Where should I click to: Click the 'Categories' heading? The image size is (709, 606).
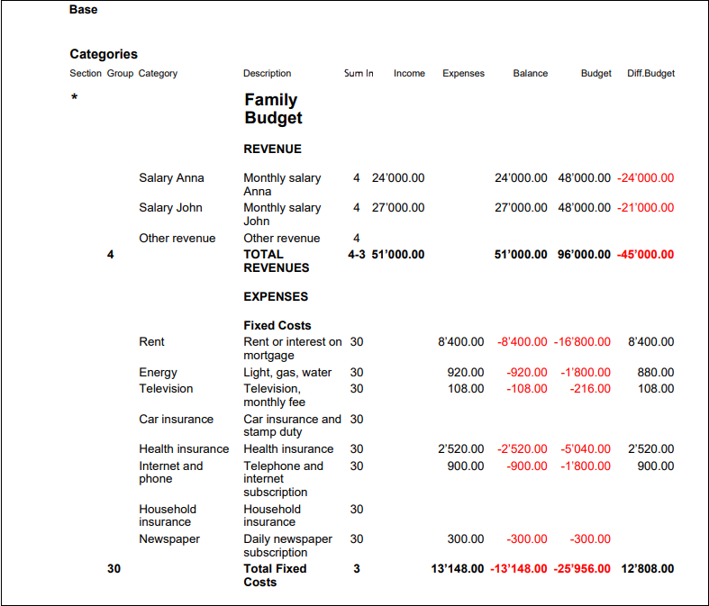tap(104, 54)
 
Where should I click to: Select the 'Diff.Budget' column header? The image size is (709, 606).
tap(650, 74)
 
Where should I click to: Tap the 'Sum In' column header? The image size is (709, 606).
tap(359, 74)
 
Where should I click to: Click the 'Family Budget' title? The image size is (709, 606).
tap(273, 109)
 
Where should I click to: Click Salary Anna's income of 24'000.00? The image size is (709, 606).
tap(398, 178)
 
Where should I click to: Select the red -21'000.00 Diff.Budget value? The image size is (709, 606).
tap(646, 208)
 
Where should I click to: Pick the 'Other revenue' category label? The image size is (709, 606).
tap(177, 239)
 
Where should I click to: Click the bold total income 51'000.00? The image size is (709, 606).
tap(398, 255)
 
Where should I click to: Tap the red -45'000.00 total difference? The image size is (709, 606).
tap(645, 255)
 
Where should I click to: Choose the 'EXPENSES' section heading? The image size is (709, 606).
tap(276, 296)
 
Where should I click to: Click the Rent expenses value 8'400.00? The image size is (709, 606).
tap(461, 342)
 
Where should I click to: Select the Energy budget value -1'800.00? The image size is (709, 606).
tap(583, 373)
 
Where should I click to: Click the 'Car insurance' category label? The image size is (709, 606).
tap(177, 420)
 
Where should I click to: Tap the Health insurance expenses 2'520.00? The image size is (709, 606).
tap(461, 449)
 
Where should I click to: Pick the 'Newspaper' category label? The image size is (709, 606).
tap(169, 539)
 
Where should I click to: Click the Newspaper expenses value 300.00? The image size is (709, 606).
tap(466, 539)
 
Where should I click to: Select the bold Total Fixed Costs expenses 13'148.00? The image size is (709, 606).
tap(458, 569)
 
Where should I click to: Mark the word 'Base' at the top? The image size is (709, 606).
tap(84, 10)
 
